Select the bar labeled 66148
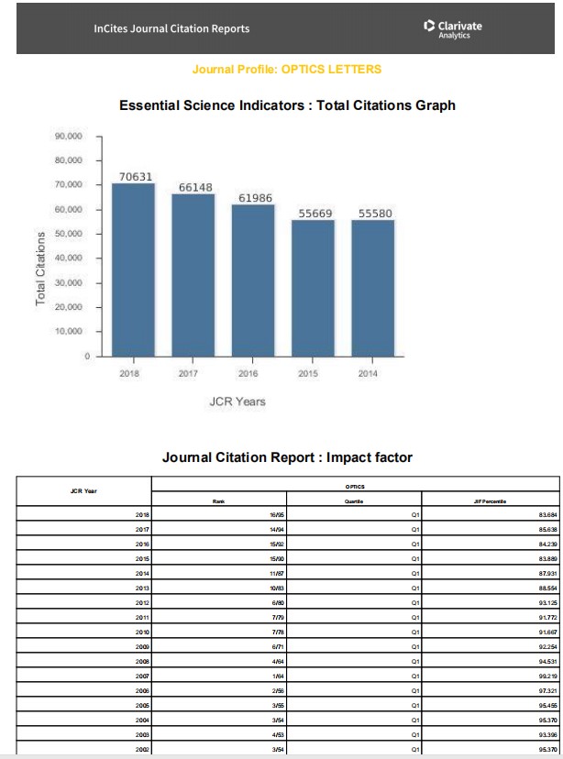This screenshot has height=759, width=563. coord(193,274)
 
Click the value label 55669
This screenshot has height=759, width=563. coord(315,213)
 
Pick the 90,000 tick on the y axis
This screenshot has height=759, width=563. coord(71,137)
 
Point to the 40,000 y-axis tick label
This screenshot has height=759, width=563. coord(71,258)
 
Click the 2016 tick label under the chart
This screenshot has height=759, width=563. coord(248,373)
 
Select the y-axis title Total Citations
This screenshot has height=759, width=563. coord(41,269)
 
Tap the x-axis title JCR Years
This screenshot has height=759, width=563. coord(237,401)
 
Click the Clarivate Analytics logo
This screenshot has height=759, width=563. coord(453,28)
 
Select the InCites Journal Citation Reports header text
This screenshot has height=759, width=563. coord(171,28)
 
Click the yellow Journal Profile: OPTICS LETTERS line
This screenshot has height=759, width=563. coord(287,70)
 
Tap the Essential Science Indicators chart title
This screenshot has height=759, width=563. coord(287,105)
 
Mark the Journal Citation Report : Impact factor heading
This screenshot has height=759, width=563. coord(287,456)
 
